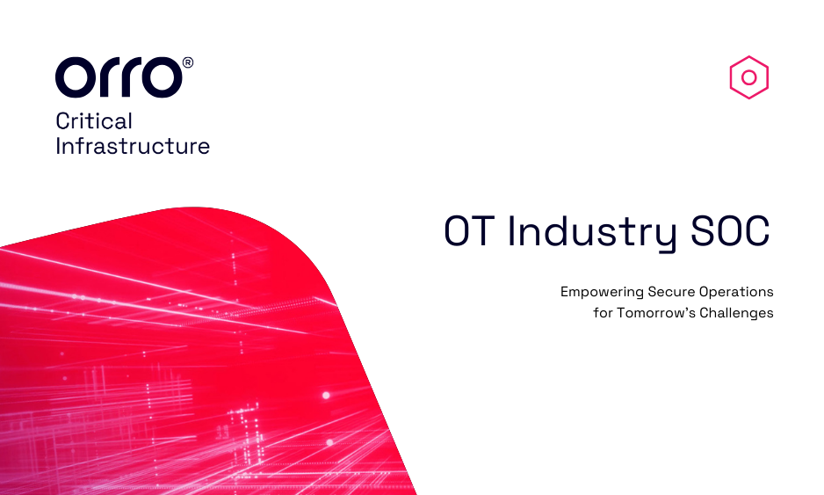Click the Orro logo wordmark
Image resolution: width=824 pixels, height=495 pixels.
(x=119, y=77)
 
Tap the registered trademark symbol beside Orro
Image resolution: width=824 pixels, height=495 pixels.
(x=188, y=62)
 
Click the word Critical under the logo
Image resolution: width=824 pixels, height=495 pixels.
(x=94, y=121)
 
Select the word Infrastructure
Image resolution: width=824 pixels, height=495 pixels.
(x=133, y=146)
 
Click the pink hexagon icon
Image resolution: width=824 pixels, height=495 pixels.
(x=748, y=77)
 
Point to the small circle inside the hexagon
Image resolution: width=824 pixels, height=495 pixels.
(x=748, y=77)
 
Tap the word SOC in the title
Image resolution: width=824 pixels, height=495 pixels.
(x=730, y=230)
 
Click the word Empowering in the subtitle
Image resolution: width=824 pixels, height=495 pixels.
(x=602, y=292)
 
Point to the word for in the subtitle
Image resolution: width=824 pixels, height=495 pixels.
(x=604, y=312)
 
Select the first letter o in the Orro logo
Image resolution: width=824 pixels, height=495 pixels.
(x=76, y=77)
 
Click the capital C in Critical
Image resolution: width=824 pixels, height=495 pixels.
(x=62, y=121)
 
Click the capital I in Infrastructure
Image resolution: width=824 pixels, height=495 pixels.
(x=58, y=146)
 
